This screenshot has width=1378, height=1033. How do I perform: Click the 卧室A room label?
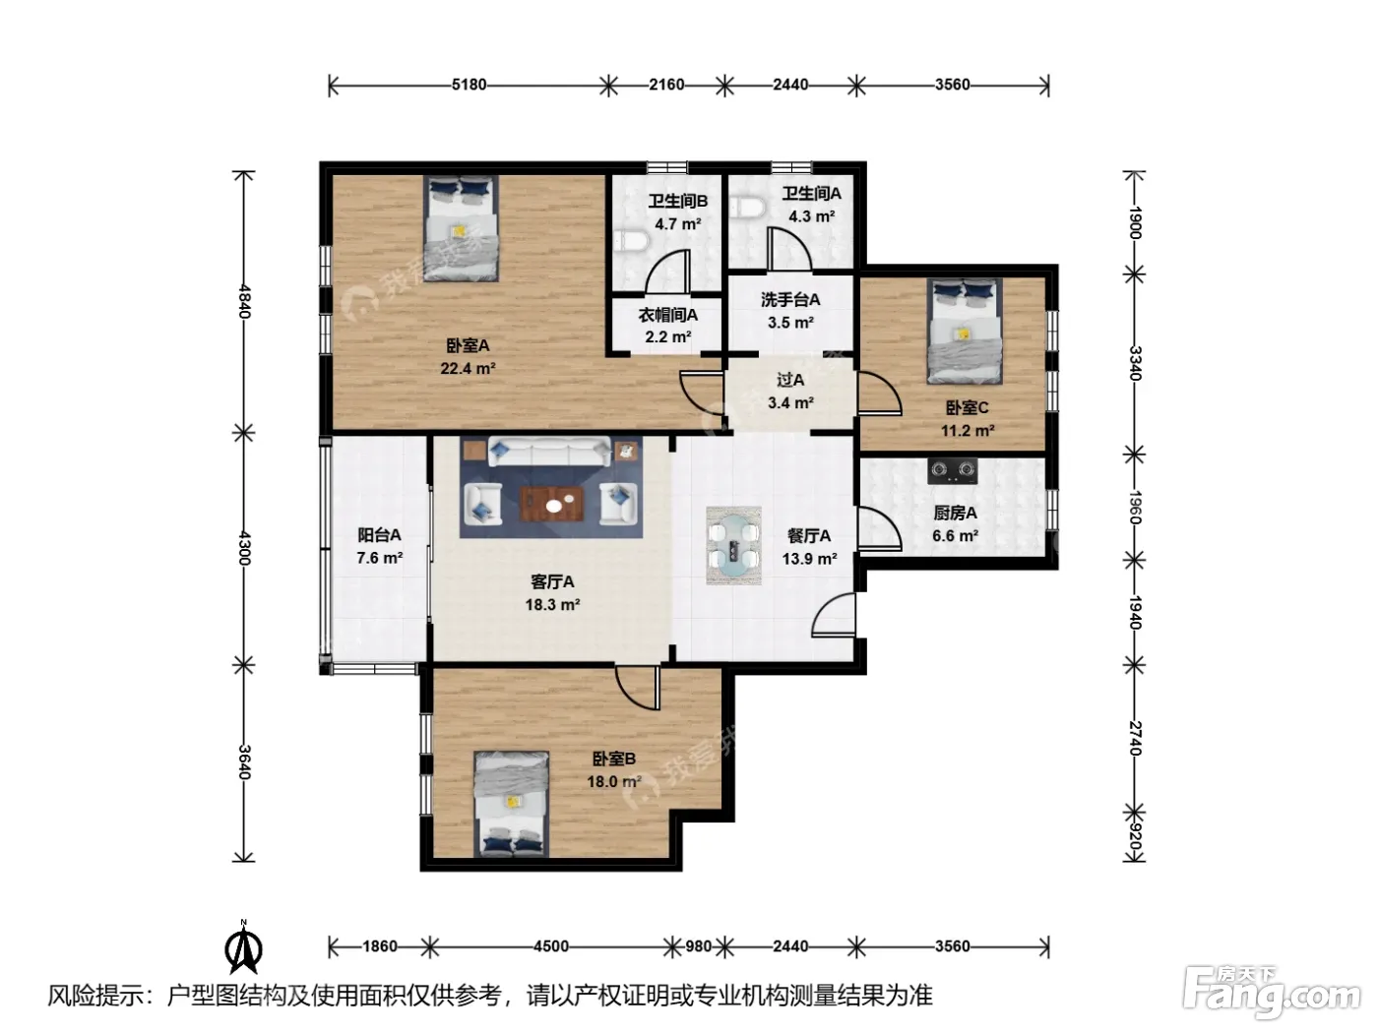click(468, 345)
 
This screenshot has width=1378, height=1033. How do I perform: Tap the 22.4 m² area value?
click(468, 368)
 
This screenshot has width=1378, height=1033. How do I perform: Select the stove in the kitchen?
click(952, 470)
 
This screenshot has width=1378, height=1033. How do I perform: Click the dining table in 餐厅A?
click(733, 546)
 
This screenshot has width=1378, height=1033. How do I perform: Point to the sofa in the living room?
click(549, 451)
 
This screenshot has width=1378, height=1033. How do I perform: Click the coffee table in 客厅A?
click(552, 505)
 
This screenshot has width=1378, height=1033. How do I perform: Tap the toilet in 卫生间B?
click(629, 241)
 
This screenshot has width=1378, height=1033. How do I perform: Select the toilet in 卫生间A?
click(747, 207)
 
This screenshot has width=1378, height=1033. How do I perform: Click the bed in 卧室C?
click(965, 331)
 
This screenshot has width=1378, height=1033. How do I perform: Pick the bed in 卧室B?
click(511, 804)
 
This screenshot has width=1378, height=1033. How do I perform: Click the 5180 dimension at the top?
click(469, 85)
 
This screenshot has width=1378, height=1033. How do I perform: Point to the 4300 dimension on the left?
click(245, 548)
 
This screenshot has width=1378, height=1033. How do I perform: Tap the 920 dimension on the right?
click(1135, 835)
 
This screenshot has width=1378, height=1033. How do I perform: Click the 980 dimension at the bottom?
click(698, 945)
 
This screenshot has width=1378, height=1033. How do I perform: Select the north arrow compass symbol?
click(243, 947)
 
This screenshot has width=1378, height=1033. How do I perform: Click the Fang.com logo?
click(1272, 994)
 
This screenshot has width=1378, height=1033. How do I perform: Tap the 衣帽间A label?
click(668, 315)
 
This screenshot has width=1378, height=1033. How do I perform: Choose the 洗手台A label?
click(790, 300)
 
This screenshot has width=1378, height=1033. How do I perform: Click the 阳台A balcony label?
click(379, 535)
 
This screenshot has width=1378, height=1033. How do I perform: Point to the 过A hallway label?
click(790, 380)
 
